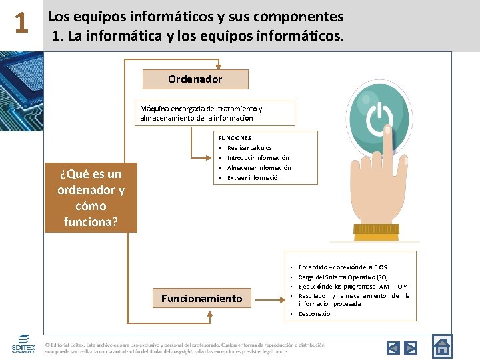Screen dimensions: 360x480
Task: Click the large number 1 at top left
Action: click(21, 24)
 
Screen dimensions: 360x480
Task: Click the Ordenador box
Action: click(195, 79)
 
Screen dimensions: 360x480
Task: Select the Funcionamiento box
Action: click(201, 298)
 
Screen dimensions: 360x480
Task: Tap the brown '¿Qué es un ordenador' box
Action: click(91, 197)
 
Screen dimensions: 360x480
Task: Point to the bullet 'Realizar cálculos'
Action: click(249, 148)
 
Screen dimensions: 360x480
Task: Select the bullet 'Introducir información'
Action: click(258, 158)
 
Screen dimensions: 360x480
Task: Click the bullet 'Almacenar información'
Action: click(259, 168)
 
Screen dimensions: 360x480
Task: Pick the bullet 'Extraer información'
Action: click(254, 178)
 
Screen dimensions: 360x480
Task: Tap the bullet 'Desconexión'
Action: click(316, 314)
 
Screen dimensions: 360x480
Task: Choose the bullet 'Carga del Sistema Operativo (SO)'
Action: click(343, 277)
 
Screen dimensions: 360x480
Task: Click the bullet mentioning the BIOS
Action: click(343, 267)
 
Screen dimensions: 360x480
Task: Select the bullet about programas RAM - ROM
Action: click(353, 286)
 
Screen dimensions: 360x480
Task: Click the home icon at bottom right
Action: click(442, 345)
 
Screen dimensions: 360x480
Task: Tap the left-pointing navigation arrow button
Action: click(393, 347)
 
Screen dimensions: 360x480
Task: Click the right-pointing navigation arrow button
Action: click(411, 347)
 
